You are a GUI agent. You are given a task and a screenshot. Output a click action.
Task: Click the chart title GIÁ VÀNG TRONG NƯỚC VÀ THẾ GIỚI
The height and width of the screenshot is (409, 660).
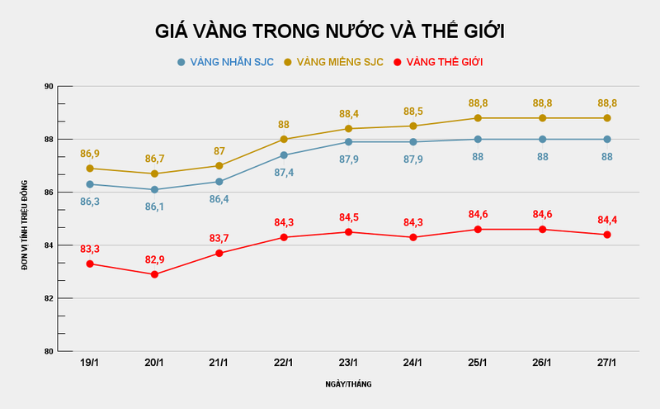pos(330,31)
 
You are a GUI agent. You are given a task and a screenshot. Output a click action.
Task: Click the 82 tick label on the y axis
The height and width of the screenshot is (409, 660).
pos(48,298)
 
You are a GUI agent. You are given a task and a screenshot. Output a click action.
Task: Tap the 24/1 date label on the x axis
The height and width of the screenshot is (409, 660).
pos(413,364)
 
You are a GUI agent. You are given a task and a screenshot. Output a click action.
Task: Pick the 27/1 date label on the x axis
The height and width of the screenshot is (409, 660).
pos(607,364)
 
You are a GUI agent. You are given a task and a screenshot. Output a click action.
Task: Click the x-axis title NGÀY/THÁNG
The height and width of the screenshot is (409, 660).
pos(348,385)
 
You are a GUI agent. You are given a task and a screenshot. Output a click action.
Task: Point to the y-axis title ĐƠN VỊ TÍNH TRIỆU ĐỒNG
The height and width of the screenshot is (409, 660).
pos(25,219)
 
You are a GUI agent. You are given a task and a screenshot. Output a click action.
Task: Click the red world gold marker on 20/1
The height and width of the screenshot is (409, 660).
pos(154,274)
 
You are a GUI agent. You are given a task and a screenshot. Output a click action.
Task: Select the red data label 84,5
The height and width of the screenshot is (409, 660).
pos(348,217)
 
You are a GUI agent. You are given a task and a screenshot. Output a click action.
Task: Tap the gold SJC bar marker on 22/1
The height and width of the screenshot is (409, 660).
pos(284,139)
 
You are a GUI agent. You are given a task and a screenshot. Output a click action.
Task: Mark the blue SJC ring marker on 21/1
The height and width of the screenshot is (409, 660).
pos(219,182)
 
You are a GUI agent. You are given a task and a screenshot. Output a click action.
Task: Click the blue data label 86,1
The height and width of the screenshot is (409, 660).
pos(154,207)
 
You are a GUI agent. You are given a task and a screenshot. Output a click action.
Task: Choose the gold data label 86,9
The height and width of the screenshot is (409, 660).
pos(90,154)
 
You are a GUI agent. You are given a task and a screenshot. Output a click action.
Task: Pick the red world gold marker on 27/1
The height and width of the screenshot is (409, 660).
pos(607,235)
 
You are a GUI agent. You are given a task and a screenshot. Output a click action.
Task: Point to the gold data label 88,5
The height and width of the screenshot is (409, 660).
pos(413,111)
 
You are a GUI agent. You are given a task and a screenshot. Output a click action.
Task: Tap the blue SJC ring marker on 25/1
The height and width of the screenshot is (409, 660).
pos(478,139)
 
